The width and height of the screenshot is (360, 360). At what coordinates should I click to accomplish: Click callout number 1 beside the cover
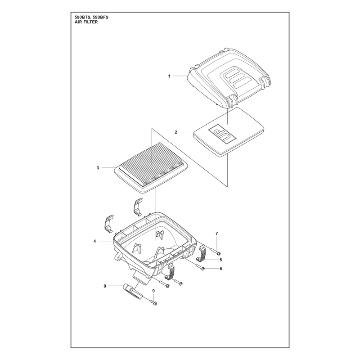point(170,76)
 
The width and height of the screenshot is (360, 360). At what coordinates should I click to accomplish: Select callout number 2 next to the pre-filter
point(176,132)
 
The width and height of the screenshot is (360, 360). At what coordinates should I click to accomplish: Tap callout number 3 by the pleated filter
point(98,168)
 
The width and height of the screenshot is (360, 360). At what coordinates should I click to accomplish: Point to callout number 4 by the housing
point(94,241)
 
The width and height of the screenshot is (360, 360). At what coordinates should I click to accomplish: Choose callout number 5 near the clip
point(221,260)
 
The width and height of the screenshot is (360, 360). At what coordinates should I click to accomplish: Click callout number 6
point(221,268)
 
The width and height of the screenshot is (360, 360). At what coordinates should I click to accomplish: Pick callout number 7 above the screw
point(217,234)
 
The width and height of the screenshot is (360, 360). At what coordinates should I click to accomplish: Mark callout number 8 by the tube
point(105,286)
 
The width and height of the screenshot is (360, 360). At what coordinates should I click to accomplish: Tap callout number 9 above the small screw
point(153,291)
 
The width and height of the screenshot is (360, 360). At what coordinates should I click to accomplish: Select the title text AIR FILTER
point(86,22)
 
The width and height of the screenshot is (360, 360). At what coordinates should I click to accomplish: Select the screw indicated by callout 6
point(200,267)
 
